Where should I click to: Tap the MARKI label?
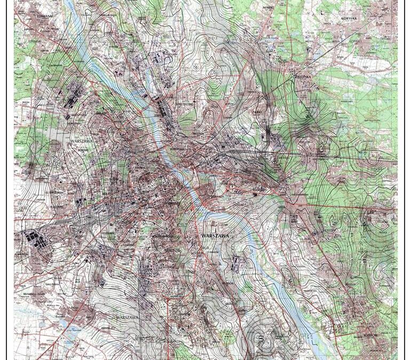(x=268, y=8)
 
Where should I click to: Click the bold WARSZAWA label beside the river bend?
(x=215, y=235)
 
